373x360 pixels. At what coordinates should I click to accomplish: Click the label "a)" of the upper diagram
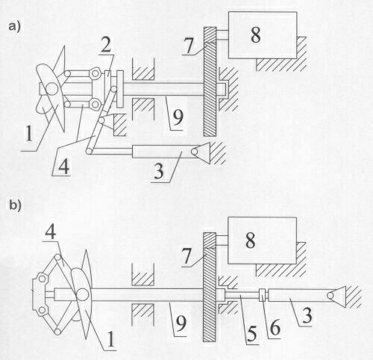coord(14,27)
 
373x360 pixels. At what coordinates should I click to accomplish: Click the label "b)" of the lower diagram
coord(15,206)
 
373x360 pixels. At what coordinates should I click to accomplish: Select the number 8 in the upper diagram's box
coord(256,34)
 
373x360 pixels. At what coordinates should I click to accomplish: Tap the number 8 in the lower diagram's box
coord(251,240)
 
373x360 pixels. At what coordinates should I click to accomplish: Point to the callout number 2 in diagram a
coord(106,45)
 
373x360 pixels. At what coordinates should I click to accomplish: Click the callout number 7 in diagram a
coord(189,46)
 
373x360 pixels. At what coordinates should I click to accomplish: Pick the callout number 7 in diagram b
coord(187,256)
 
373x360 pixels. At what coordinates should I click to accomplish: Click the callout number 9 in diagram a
coord(178,117)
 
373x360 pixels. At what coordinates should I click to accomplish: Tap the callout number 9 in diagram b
coord(181,324)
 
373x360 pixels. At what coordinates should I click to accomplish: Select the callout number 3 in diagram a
coord(159,171)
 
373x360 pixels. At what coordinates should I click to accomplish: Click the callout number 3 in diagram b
coord(307,315)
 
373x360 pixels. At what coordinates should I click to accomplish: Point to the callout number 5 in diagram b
coord(251,334)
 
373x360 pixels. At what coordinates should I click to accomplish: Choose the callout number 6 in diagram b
coord(275,328)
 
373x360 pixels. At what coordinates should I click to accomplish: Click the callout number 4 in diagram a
coord(63,166)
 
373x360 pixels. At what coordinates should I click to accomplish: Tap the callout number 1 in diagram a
coord(29,134)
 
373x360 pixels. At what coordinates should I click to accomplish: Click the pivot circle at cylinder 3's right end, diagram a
coord(194,151)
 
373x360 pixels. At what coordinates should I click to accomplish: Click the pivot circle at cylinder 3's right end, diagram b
coord(330,295)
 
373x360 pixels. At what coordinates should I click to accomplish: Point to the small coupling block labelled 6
coord(263,295)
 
